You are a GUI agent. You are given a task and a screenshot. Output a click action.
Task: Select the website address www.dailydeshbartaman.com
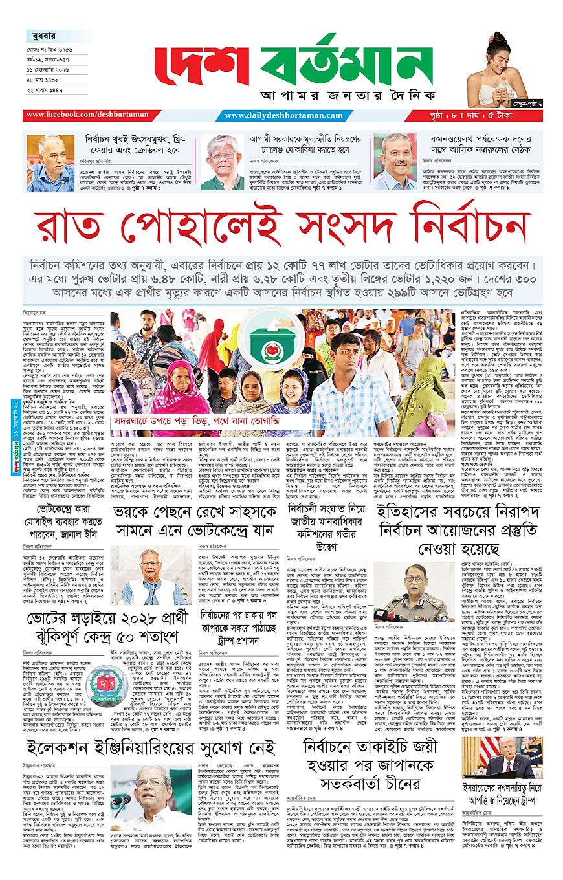(284, 116)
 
